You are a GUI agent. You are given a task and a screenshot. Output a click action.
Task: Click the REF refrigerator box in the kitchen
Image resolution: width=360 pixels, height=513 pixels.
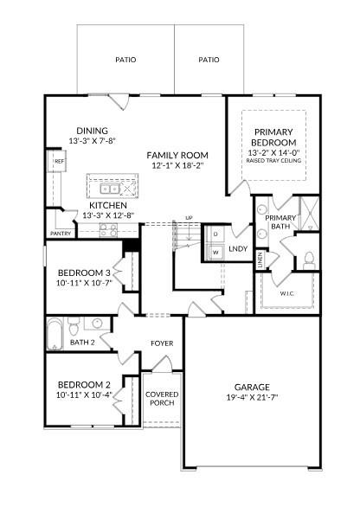59,162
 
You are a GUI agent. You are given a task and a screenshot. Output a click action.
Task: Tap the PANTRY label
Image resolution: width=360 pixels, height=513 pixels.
61,234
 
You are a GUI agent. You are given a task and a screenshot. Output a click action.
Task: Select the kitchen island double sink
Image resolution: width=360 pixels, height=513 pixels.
110,188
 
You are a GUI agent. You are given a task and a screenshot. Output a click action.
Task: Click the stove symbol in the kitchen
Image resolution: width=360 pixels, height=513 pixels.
109,229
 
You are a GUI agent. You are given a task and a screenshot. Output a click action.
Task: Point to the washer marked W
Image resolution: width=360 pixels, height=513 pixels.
215,251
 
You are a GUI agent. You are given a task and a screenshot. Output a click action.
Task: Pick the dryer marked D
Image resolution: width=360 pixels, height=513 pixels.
215,234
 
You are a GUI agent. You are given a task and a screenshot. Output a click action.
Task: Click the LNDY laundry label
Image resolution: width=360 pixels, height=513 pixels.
239,249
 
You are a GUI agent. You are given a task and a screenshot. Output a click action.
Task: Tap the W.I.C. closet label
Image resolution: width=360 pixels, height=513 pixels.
287,293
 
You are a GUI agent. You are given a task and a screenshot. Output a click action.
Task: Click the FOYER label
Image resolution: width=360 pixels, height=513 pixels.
162,343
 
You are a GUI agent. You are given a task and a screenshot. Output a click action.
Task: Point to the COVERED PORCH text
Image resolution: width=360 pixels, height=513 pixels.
162,399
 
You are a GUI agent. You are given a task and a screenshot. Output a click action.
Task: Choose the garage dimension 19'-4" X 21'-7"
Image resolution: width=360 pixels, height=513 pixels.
252,399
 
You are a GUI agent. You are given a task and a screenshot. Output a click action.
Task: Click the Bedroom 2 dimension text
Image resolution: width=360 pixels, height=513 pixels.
84,395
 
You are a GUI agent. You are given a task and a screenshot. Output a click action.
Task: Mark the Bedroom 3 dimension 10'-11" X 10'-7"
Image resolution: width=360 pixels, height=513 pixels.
84,283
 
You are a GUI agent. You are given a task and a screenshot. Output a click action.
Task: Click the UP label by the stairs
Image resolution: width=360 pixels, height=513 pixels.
189,218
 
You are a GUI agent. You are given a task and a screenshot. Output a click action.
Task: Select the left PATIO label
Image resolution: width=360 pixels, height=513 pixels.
125,60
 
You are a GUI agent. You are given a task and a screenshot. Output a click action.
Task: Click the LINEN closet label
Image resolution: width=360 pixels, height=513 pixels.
260,258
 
